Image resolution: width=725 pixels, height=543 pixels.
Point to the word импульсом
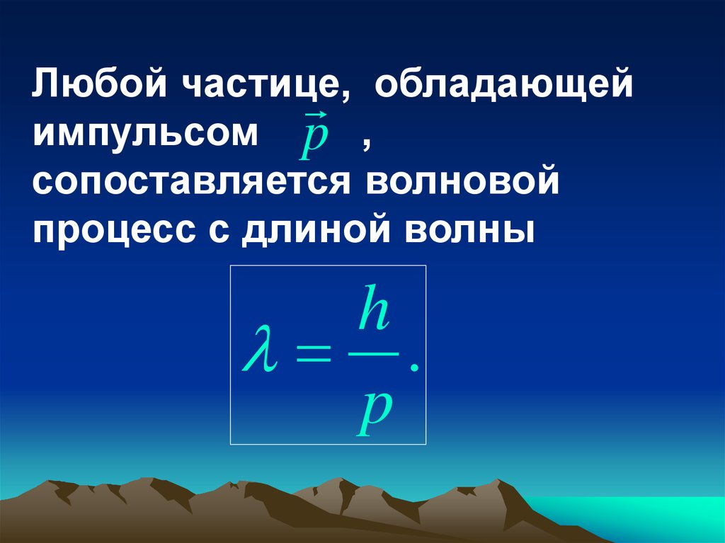pos(145,134)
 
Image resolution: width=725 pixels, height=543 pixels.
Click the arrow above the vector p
pos(316,114)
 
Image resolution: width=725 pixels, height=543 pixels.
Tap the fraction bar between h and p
pos(374,354)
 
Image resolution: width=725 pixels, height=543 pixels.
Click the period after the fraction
pos(413,367)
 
